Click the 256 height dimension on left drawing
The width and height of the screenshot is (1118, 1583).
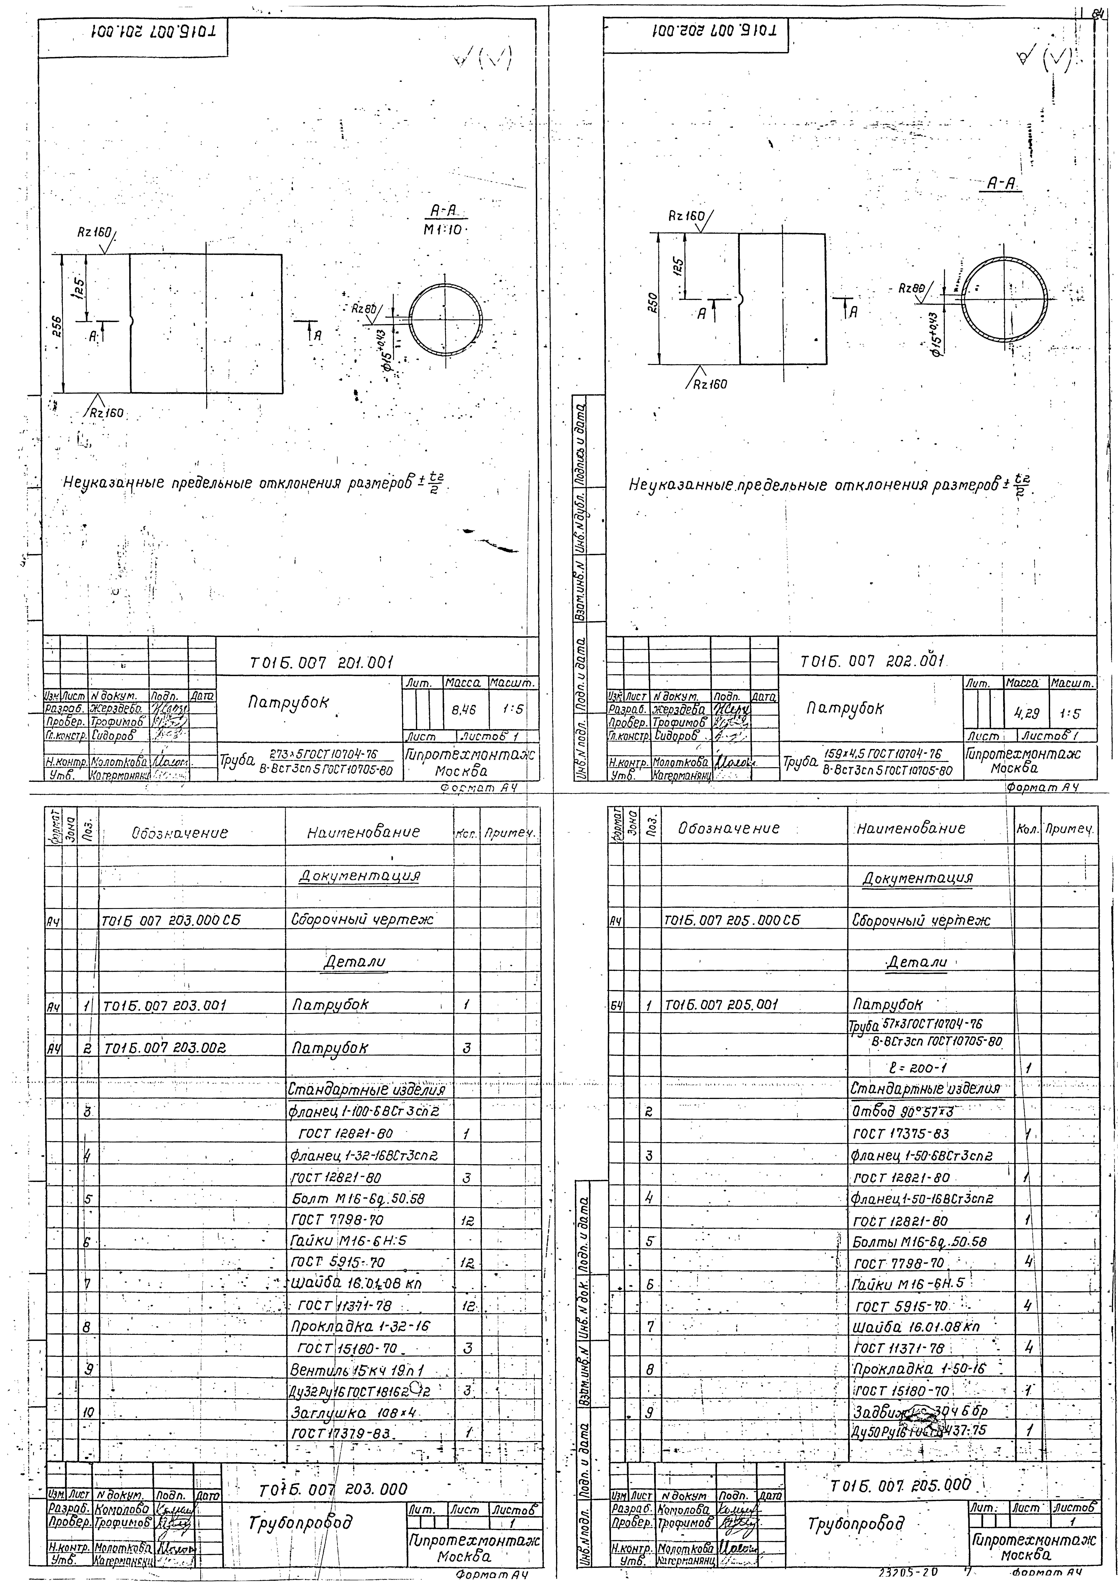click(58, 324)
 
